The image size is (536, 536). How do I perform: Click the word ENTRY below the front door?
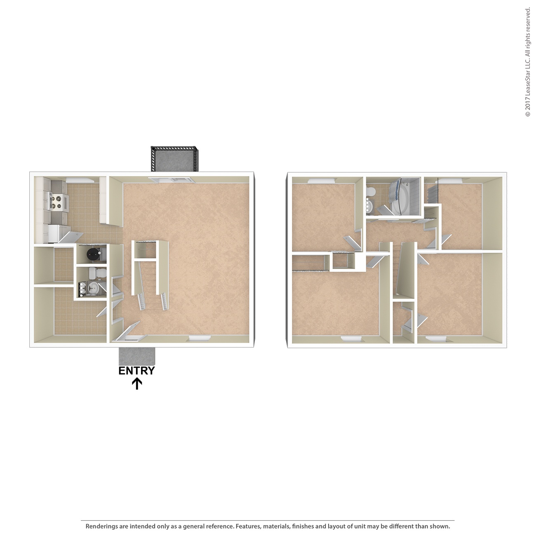pos(136,371)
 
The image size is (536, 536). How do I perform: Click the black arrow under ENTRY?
pos(136,384)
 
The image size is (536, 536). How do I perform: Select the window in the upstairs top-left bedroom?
pos(322,180)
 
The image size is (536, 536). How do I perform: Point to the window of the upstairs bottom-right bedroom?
pos(436,339)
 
